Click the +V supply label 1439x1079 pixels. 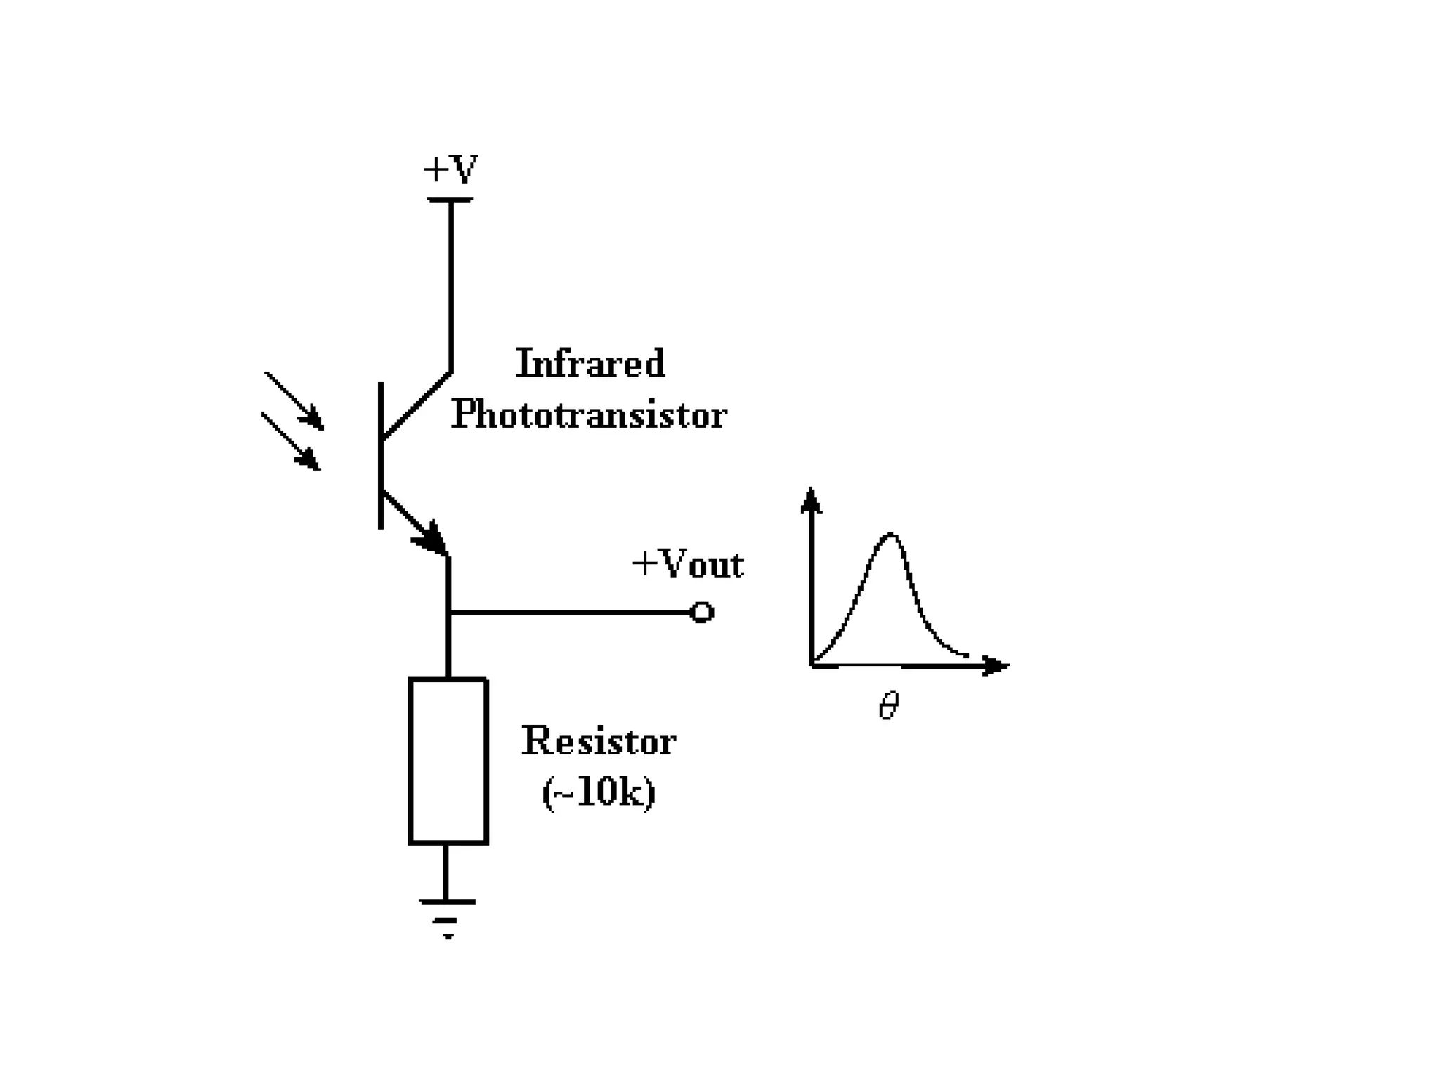pos(450,169)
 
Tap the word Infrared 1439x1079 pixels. pos(590,364)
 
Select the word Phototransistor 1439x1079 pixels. pos(589,414)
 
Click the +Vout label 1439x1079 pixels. pos(688,564)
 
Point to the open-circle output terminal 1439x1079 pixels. pos(702,613)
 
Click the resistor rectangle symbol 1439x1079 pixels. pos(448,761)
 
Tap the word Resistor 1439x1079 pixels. pos(599,742)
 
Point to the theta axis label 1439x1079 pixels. pos(889,705)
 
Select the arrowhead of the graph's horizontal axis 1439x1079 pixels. pos(996,665)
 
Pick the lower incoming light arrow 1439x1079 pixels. pos(291,441)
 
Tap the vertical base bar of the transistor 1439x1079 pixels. pos(381,455)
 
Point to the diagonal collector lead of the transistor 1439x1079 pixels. pos(416,406)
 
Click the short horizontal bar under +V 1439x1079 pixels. pos(450,200)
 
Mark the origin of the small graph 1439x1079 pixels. pos(812,664)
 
